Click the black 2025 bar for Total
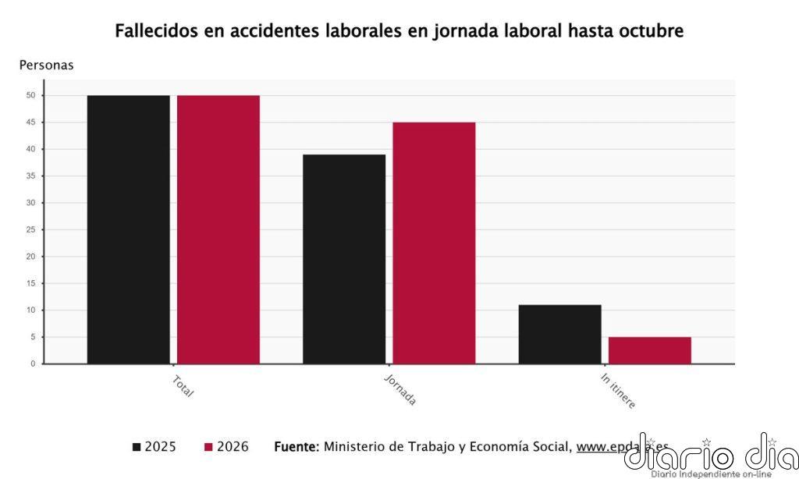tap(128, 229)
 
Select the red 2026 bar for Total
tap(218, 229)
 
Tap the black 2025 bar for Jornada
tap(344, 259)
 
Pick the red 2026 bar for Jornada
tap(434, 243)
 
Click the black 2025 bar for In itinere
tap(559, 334)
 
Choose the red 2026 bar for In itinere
tap(649, 350)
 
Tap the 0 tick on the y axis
tap(33, 364)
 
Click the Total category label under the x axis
tap(183, 386)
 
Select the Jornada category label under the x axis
tap(400, 390)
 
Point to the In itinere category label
tap(618, 391)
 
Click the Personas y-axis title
tap(46, 66)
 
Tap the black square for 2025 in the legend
tap(137, 447)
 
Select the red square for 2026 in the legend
tap(208, 447)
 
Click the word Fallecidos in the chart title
tap(157, 31)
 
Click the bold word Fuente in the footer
tap(297, 447)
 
